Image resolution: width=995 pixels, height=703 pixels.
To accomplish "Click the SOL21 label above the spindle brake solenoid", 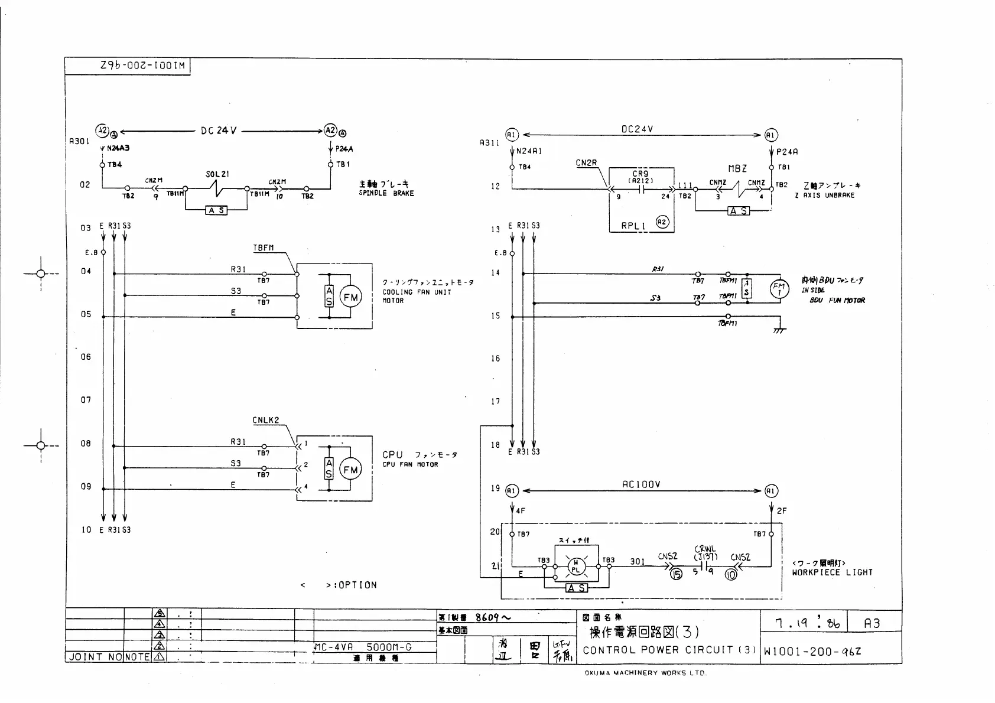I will (217, 175).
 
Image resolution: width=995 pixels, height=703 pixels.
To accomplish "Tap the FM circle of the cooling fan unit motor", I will (350, 297).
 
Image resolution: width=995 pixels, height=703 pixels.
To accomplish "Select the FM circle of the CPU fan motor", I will (350, 470).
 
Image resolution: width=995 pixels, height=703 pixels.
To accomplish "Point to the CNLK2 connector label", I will (265, 421).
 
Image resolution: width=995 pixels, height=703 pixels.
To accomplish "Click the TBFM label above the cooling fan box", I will (264, 248).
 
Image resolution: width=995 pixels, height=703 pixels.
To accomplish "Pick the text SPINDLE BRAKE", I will (386, 193).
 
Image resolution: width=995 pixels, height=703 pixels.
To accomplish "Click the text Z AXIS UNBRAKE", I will (824, 195).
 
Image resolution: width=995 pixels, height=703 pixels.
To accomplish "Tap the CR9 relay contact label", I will (640, 174).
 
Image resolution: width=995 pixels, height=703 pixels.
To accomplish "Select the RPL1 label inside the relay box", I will (633, 226).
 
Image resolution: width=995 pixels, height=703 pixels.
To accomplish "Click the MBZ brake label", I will (737, 169).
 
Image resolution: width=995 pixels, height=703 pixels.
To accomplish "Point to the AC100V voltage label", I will (641, 484).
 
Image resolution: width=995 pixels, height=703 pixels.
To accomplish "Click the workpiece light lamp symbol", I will (576, 567).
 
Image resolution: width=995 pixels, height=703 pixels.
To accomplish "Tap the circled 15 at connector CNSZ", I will (676, 573).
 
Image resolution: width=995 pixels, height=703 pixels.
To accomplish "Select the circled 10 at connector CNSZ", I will (731, 573).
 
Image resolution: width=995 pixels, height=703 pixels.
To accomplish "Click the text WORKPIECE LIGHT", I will (832, 572).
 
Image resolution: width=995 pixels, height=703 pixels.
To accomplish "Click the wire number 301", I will (637, 562).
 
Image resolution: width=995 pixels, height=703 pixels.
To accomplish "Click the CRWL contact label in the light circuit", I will (705, 549).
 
